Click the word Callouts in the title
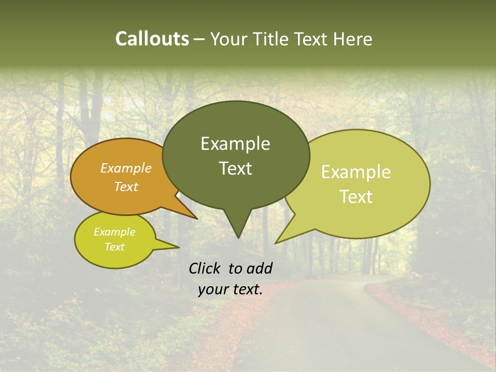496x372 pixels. click(152, 39)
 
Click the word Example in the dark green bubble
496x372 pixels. click(235, 144)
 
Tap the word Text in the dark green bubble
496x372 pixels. click(235, 168)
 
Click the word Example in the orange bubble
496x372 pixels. click(126, 168)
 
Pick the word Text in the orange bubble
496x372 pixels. click(126, 187)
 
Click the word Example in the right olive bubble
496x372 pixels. click(356, 172)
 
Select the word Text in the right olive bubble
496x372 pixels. click(356, 197)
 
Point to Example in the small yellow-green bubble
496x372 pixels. click(114, 232)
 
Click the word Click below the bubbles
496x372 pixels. click(206, 268)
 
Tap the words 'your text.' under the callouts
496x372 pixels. click(230, 289)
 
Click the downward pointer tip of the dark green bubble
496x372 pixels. click(238, 237)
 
